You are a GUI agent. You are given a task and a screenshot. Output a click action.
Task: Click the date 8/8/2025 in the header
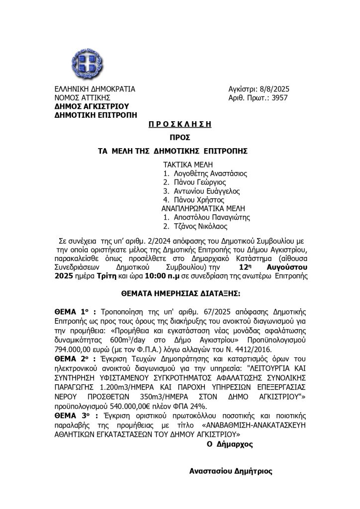(x=273, y=89)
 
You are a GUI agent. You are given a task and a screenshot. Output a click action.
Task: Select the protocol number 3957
(x=278, y=98)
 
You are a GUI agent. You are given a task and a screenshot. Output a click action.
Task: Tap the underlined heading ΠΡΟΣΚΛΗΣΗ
(x=180, y=124)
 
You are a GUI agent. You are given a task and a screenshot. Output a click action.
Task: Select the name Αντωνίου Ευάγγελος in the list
(x=205, y=191)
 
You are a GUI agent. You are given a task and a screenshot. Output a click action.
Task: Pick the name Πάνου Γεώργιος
(x=197, y=182)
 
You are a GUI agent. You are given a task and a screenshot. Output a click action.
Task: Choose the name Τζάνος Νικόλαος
(x=199, y=226)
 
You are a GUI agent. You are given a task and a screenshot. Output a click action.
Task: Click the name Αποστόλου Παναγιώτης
(x=210, y=217)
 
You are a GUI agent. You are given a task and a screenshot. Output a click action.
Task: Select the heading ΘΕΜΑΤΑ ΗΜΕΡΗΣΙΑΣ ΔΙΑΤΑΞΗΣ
(x=180, y=294)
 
